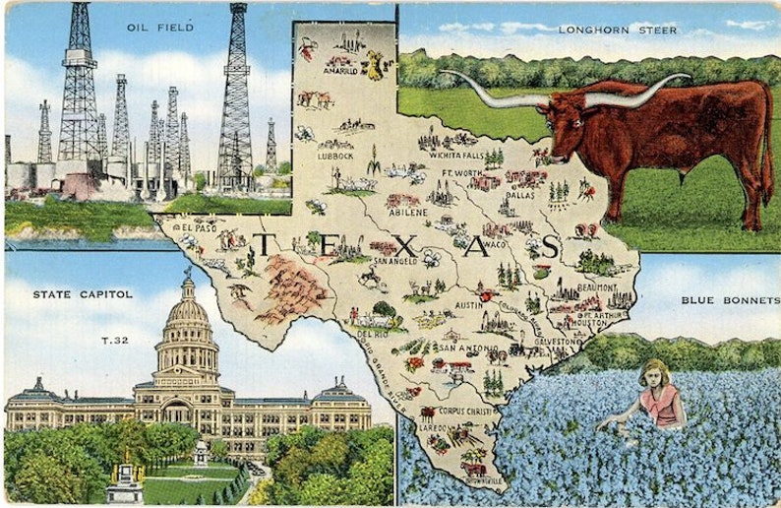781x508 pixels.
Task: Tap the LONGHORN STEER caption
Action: click(618, 30)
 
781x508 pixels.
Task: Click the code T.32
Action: click(115, 340)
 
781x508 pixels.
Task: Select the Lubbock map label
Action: click(335, 156)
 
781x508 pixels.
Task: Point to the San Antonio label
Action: click(461, 348)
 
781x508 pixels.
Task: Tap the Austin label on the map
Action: click(468, 305)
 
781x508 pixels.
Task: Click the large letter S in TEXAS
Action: click(550, 246)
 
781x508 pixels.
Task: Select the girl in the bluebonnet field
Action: click(660, 394)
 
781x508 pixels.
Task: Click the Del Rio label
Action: click(372, 334)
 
